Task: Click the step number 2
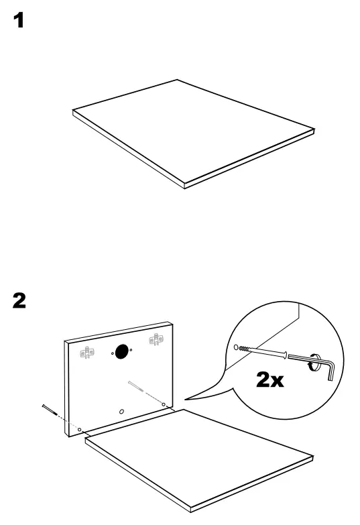(x=20, y=301)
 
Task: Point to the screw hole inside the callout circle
(x=237, y=347)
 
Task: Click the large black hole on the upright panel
(x=121, y=351)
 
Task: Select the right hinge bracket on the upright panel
(x=156, y=340)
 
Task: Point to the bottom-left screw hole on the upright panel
(x=80, y=428)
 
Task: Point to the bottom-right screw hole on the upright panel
(x=164, y=404)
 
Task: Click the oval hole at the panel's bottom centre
(x=121, y=410)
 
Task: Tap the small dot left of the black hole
(x=111, y=353)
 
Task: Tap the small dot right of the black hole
(x=131, y=349)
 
